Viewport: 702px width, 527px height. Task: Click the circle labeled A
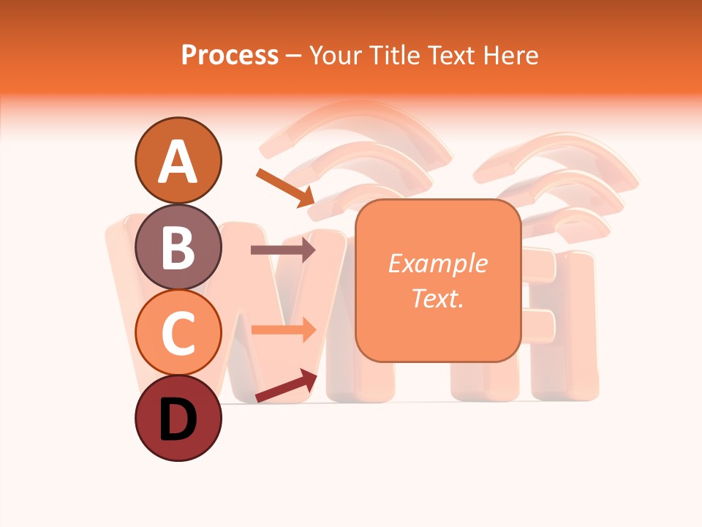pos(178,160)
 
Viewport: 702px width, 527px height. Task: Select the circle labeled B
pos(178,247)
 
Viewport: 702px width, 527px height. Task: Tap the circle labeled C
pos(178,333)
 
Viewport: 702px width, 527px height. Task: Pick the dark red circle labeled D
pos(178,419)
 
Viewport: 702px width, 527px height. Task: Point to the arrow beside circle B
pos(283,250)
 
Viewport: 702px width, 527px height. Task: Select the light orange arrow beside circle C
pos(283,329)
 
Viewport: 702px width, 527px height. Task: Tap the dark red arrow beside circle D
pos(286,386)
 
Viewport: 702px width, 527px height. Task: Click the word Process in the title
pos(230,55)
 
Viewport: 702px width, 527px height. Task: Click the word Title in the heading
pos(393,55)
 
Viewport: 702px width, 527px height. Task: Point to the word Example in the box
pos(437,263)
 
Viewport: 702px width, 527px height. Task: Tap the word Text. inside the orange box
pos(437,298)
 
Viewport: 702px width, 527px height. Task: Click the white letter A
pos(178,162)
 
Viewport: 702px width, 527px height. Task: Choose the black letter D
pos(178,420)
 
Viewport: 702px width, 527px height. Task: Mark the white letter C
pos(178,334)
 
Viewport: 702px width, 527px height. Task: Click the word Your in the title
pos(336,55)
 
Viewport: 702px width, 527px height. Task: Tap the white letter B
pos(178,247)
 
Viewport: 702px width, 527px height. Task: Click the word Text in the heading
pos(452,55)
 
